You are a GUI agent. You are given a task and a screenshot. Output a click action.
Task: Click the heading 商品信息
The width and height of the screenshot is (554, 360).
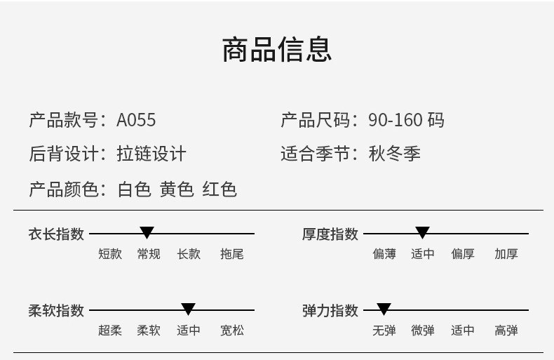277,49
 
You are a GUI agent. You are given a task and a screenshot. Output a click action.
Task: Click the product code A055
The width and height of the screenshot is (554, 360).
136,120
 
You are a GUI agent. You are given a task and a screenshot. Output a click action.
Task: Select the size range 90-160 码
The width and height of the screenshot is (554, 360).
406,120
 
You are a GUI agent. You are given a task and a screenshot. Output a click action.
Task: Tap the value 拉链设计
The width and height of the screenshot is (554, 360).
151,154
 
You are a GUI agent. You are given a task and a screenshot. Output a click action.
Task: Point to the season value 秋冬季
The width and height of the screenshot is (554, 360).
395,154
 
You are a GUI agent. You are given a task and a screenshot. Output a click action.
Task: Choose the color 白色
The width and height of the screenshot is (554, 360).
134,189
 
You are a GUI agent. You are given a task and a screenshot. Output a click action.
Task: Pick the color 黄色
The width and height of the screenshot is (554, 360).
177,189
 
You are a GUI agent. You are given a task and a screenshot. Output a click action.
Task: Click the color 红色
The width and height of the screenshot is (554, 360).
219,189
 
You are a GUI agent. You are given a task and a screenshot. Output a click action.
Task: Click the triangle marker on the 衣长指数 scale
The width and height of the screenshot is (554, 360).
147,232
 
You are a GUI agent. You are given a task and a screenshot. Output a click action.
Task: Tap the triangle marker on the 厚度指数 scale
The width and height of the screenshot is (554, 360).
422,232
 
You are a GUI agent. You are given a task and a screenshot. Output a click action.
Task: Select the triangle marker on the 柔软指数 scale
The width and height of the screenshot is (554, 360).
188,309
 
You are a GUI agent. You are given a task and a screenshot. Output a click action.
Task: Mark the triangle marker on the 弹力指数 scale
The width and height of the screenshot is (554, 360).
384,309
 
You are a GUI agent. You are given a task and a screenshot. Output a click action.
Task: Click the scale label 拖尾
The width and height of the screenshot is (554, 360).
231,254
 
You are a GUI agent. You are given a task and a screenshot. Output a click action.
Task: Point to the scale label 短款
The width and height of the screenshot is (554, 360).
110,254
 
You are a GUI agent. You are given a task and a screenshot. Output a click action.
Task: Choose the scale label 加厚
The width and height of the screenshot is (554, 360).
506,254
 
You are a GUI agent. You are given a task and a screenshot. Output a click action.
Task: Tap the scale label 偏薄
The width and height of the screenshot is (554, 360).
384,254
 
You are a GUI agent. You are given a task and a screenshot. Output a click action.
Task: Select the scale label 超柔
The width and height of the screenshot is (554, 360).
110,330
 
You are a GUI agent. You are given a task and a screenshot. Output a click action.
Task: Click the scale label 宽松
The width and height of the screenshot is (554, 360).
231,330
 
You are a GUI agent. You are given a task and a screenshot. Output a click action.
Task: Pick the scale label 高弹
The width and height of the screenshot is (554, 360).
506,330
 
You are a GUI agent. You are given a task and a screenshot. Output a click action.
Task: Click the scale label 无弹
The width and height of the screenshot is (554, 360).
384,330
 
